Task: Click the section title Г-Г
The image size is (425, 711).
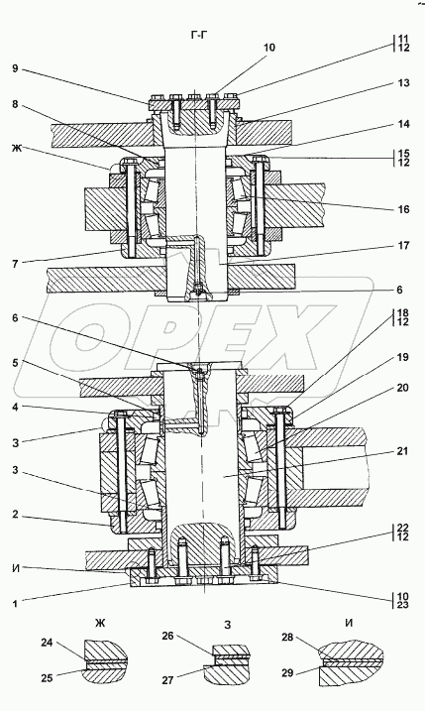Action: coord(199,34)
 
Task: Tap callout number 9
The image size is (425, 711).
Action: coord(15,69)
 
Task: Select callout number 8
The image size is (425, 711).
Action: coord(15,104)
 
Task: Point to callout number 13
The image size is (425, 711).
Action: coord(404,82)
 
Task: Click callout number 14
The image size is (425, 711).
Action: coord(404,123)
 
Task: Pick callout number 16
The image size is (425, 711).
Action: coord(404,209)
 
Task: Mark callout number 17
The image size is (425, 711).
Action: coord(404,245)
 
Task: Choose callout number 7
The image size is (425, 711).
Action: coord(15,264)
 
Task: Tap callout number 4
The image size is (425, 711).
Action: coord(15,408)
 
